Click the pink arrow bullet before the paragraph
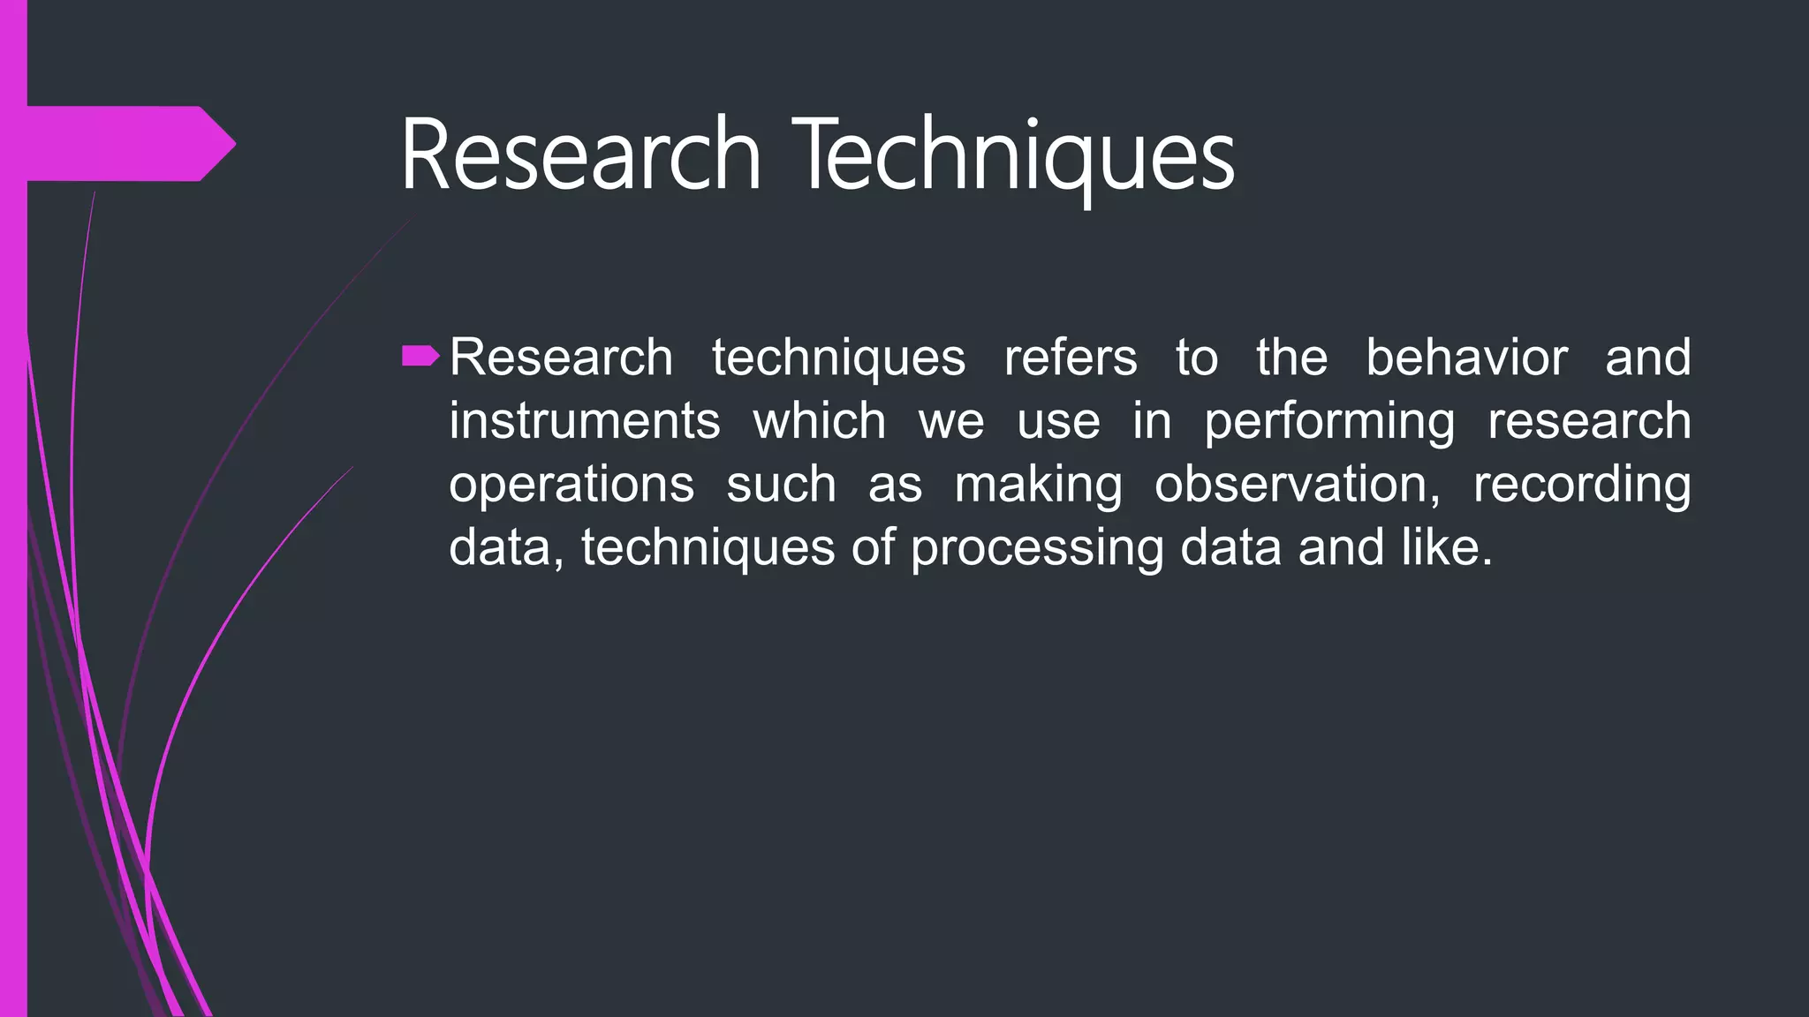pyautogui.click(x=420, y=357)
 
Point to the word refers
pyautogui.click(x=1071, y=358)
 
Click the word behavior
pyautogui.click(x=1466, y=358)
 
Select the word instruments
pyautogui.click(x=584, y=421)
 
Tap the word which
pyautogui.click(x=819, y=421)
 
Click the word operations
pyautogui.click(x=571, y=485)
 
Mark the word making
pyautogui.click(x=1039, y=485)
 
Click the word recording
pyautogui.click(x=1581, y=485)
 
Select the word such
pyautogui.click(x=781, y=485)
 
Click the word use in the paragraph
pyautogui.click(x=1058, y=421)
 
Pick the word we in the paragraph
pyautogui.click(x=951, y=421)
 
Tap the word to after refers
pyautogui.click(x=1196, y=358)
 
